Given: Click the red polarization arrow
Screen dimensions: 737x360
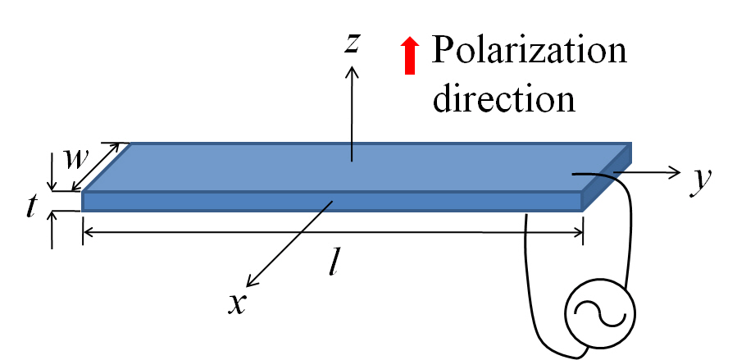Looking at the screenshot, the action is coord(410,57).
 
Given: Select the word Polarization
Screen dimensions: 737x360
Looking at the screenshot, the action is coord(530,51).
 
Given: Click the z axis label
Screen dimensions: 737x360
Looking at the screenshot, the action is coord(353,43).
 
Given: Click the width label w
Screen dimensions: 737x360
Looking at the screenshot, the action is coord(76,160).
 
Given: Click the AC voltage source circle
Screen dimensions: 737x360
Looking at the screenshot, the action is coord(600,312).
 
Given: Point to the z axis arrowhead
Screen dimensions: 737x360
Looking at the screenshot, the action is coord(353,71).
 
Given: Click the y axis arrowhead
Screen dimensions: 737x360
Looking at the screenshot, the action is coord(675,172).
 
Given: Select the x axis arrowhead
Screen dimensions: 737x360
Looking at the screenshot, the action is coord(252,281).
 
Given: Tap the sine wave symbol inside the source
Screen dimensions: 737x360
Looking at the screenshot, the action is coord(600,313).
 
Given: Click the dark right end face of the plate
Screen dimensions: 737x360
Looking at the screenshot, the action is coord(607,177).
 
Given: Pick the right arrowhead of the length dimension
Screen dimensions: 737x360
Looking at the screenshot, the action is coord(577,232).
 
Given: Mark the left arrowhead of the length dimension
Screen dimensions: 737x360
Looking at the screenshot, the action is coord(89,232).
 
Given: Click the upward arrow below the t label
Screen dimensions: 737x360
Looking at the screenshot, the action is coord(52,230).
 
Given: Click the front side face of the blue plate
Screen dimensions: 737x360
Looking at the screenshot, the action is coord(332,202).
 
